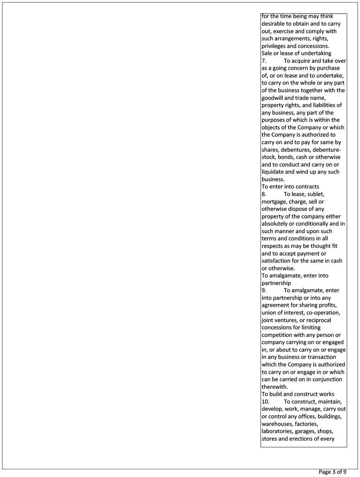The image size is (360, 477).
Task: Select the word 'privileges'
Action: tap(275, 46)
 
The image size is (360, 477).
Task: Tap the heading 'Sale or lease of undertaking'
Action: tap(296, 53)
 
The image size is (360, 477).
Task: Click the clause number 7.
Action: tap(264, 61)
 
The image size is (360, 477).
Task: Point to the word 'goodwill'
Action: tap(273, 98)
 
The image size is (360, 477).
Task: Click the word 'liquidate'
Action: tap(273, 172)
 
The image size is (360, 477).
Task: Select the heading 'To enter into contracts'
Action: tap(290, 187)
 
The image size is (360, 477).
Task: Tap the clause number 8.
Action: tap(264, 194)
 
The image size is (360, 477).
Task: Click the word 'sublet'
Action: tap(315, 194)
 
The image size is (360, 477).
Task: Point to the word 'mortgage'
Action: tap(274, 202)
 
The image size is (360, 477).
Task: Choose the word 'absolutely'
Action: tap(275, 224)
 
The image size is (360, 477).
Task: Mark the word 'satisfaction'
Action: tap(277, 261)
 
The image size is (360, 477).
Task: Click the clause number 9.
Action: tap(264, 290)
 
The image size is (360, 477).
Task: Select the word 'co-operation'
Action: tap(323, 313)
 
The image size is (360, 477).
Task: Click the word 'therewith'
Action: tap(274, 387)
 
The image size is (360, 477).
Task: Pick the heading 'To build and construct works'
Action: tap(298, 394)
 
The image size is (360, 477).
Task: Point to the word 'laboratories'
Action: tap(277, 431)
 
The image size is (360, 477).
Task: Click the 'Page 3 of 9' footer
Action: tap(332, 472)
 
